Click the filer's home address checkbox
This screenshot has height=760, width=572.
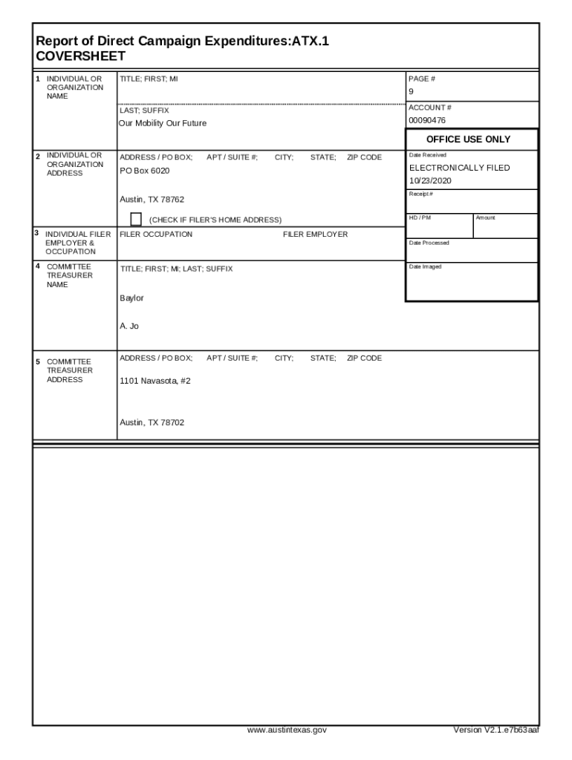click(x=136, y=218)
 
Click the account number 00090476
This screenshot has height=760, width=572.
click(x=427, y=120)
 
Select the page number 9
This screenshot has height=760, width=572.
click(x=411, y=91)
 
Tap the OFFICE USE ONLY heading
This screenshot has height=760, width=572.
click(x=468, y=140)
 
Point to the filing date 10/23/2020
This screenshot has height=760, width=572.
click(x=430, y=181)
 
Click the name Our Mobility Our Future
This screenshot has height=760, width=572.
click(x=163, y=123)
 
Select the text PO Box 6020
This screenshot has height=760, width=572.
click(x=145, y=171)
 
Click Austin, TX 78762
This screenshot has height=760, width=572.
click(x=152, y=199)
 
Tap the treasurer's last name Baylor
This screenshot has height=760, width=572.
click(x=131, y=298)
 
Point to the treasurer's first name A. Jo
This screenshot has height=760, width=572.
click(x=129, y=326)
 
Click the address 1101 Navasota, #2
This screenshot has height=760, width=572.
click(x=155, y=381)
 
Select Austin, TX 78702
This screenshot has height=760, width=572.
click(x=152, y=422)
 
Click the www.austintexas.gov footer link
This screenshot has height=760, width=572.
click(x=287, y=730)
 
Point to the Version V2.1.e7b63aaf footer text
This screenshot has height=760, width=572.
click(x=496, y=730)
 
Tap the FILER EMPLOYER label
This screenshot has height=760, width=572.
click(x=315, y=235)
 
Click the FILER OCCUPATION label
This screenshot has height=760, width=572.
click(x=156, y=235)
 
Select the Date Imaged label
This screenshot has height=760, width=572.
click(x=425, y=267)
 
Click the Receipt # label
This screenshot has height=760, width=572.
click(x=421, y=194)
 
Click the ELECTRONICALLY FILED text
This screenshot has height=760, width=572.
click(x=459, y=168)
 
